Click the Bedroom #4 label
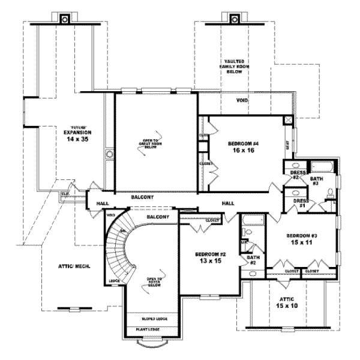244,143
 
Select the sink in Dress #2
295,166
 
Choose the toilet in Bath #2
252,247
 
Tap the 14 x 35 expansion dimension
77,138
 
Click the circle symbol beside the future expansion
109,155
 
